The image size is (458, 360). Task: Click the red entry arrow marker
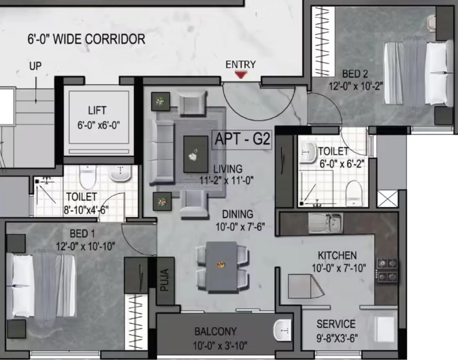pos(241,75)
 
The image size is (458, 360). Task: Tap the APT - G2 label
pos(242,140)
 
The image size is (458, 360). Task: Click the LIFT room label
pos(97,110)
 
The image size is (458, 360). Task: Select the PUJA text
pos(165,280)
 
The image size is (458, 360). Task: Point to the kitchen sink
pos(326,223)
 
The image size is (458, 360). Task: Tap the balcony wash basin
pos(282,330)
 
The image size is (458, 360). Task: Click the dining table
pos(221,267)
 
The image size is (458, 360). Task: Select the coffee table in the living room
pos(195,154)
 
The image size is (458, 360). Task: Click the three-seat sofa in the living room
pos(161,152)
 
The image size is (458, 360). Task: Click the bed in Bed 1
pos(41,286)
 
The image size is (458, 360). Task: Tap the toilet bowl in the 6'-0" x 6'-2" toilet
pos(354,193)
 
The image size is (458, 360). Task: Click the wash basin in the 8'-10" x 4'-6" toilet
pos(120,174)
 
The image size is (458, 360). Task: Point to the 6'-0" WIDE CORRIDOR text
pos(86,39)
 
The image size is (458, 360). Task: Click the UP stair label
pos(35,66)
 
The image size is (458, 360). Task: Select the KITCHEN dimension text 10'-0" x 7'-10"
pos(339,268)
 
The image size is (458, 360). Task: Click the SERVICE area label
pos(336,324)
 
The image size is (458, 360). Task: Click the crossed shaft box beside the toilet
pos(387,199)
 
